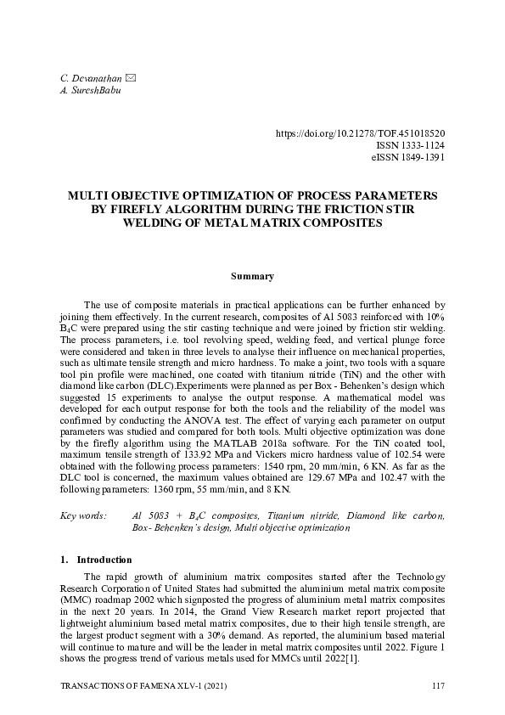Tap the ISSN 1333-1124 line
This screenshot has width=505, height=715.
410,145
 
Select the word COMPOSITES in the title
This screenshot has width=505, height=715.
338,222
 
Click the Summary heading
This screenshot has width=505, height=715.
252,276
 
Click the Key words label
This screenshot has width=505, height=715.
83,515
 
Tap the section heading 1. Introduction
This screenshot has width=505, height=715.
96,560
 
